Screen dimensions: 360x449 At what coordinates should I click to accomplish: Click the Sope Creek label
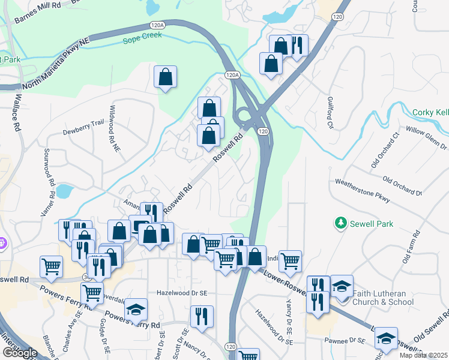pos(142,41)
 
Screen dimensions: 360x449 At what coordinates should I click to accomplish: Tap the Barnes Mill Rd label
pos(38,14)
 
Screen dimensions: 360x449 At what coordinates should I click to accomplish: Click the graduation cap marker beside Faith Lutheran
pos(342,286)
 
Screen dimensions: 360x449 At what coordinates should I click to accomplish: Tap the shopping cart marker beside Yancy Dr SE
pos(290,261)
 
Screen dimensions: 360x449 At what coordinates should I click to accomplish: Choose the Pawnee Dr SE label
pos(345,341)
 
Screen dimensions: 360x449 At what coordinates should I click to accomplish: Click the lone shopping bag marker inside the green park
pos(165,77)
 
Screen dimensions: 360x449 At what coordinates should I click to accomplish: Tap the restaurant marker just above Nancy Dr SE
pos(202,316)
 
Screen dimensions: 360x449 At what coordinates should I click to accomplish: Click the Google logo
pos(20,353)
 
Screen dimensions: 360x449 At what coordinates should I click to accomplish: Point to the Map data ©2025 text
pos(424,355)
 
